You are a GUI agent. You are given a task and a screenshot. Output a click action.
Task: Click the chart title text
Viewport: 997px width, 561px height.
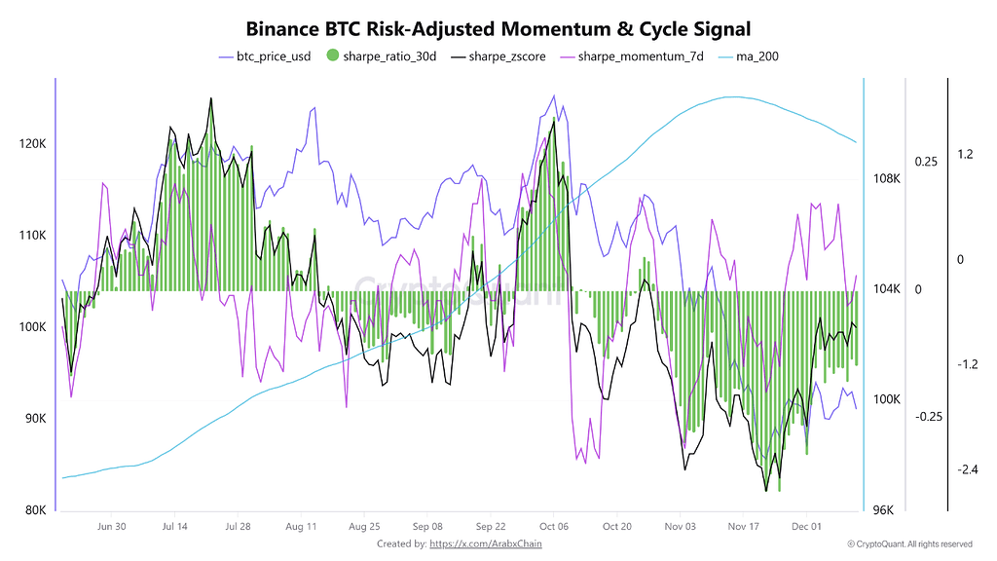(498, 30)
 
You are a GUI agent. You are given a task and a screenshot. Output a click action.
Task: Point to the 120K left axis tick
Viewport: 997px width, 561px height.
(33, 144)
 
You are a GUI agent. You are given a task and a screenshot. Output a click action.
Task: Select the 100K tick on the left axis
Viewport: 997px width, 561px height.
(33, 327)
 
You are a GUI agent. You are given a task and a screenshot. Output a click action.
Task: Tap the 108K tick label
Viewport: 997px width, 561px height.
(886, 179)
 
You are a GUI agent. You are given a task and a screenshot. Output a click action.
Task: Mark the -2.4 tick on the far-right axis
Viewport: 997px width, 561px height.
(967, 469)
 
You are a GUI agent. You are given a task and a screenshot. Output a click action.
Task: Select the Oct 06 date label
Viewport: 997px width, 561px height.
(553, 527)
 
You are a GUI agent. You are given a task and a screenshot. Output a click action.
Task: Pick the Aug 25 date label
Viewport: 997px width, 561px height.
(364, 527)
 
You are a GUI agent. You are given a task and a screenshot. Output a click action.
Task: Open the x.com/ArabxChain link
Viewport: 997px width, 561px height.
(485, 544)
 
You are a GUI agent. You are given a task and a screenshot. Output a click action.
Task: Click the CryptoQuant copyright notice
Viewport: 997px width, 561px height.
(909, 544)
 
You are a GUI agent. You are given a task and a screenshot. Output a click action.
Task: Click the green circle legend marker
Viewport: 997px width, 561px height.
(332, 56)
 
